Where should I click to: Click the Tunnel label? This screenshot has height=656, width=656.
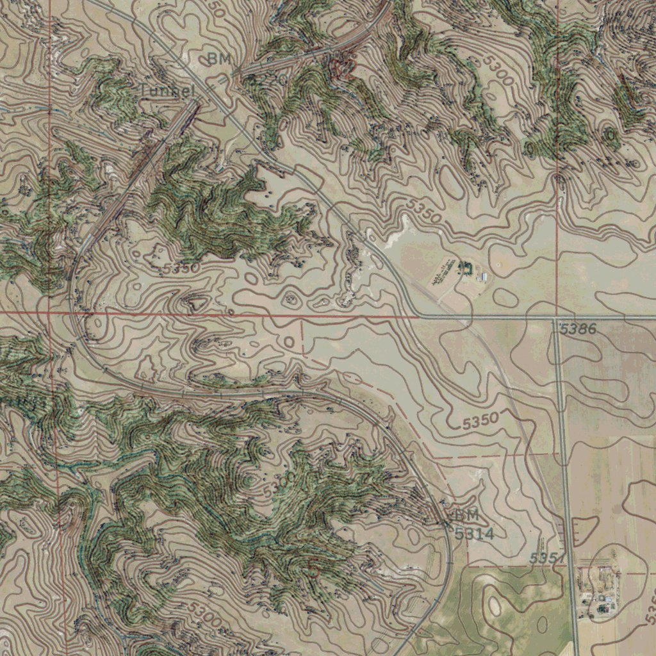click(x=167, y=91)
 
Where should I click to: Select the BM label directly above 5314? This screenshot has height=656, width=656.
click(x=467, y=515)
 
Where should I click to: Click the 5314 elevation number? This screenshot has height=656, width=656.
click(x=474, y=533)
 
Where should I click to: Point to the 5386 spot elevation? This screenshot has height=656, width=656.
click(x=578, y=330)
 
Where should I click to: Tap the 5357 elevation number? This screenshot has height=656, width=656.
click(x=546, y=559)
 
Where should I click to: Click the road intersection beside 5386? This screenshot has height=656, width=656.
click(x=555, y=318)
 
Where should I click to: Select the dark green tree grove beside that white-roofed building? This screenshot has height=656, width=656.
click(x=464, y=266)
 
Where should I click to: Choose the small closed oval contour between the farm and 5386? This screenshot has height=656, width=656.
click(x=505, y=297)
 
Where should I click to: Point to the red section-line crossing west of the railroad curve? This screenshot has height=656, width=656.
click(x=50, y=314)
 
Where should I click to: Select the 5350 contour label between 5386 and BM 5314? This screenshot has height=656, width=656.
click(x=480, y=422)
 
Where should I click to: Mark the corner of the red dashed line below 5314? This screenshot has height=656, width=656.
click(x=467, y=566)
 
